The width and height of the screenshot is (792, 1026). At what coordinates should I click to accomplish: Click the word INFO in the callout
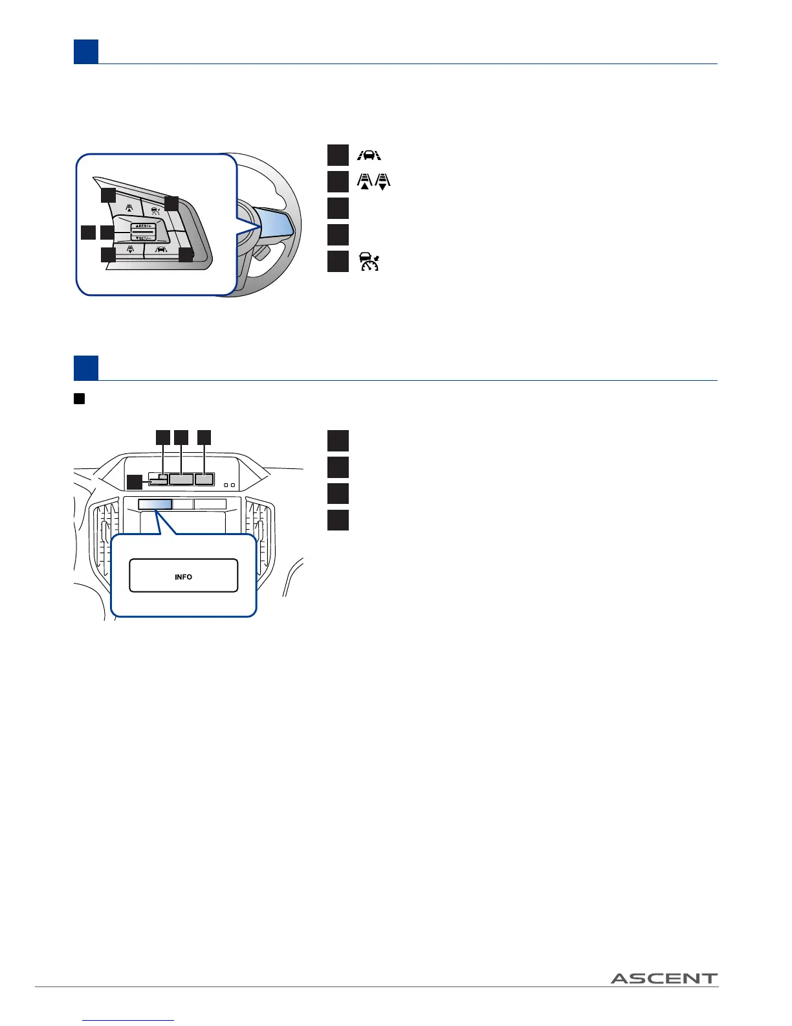tap(183, 576)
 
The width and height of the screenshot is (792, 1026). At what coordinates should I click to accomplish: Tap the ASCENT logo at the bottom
tap(664, 978)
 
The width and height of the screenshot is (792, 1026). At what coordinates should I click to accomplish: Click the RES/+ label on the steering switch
tap(143, 225)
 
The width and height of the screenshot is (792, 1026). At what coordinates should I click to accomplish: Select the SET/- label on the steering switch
tap(143, 238)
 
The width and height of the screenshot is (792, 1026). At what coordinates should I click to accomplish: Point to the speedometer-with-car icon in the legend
tap(369, 261)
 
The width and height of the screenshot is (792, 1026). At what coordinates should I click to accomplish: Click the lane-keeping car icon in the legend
tap(369, 155)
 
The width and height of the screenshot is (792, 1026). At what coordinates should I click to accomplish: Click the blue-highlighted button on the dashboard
tap(155, 503)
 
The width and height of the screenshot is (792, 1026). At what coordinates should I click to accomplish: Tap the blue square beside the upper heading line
tap(86, 52)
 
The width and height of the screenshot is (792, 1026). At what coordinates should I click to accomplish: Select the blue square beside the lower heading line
tap(86, 368)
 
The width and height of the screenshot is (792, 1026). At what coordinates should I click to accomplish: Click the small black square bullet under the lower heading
tap(79, 399)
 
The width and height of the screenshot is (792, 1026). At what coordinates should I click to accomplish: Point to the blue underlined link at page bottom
tap(129, 1020)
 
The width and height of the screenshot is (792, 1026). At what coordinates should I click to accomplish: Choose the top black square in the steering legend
tap(338, 155)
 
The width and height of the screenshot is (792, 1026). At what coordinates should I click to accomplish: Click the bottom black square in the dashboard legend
tap(338, 519)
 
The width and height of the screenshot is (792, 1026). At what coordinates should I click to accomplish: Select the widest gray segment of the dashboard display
tap(182, 479)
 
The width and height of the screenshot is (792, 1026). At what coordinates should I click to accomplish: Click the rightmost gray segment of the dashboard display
tap(204, 479)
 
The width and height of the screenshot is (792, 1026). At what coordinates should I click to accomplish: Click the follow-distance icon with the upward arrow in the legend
tap(365, 181)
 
